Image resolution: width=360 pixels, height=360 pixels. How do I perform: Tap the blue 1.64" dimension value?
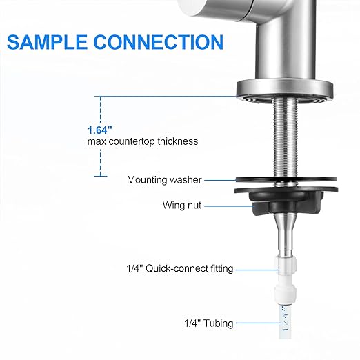[100, 130]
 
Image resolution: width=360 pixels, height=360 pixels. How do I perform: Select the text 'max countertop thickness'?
[142, 141]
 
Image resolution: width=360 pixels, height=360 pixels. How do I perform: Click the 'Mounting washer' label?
[164, 180]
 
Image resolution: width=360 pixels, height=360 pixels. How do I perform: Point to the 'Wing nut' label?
[182, 205]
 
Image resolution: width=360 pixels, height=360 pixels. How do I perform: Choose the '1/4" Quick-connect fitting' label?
[179, 268]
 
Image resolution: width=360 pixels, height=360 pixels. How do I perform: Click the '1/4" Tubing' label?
[208, 323]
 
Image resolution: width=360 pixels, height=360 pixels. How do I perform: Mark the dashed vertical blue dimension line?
[101, 110]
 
